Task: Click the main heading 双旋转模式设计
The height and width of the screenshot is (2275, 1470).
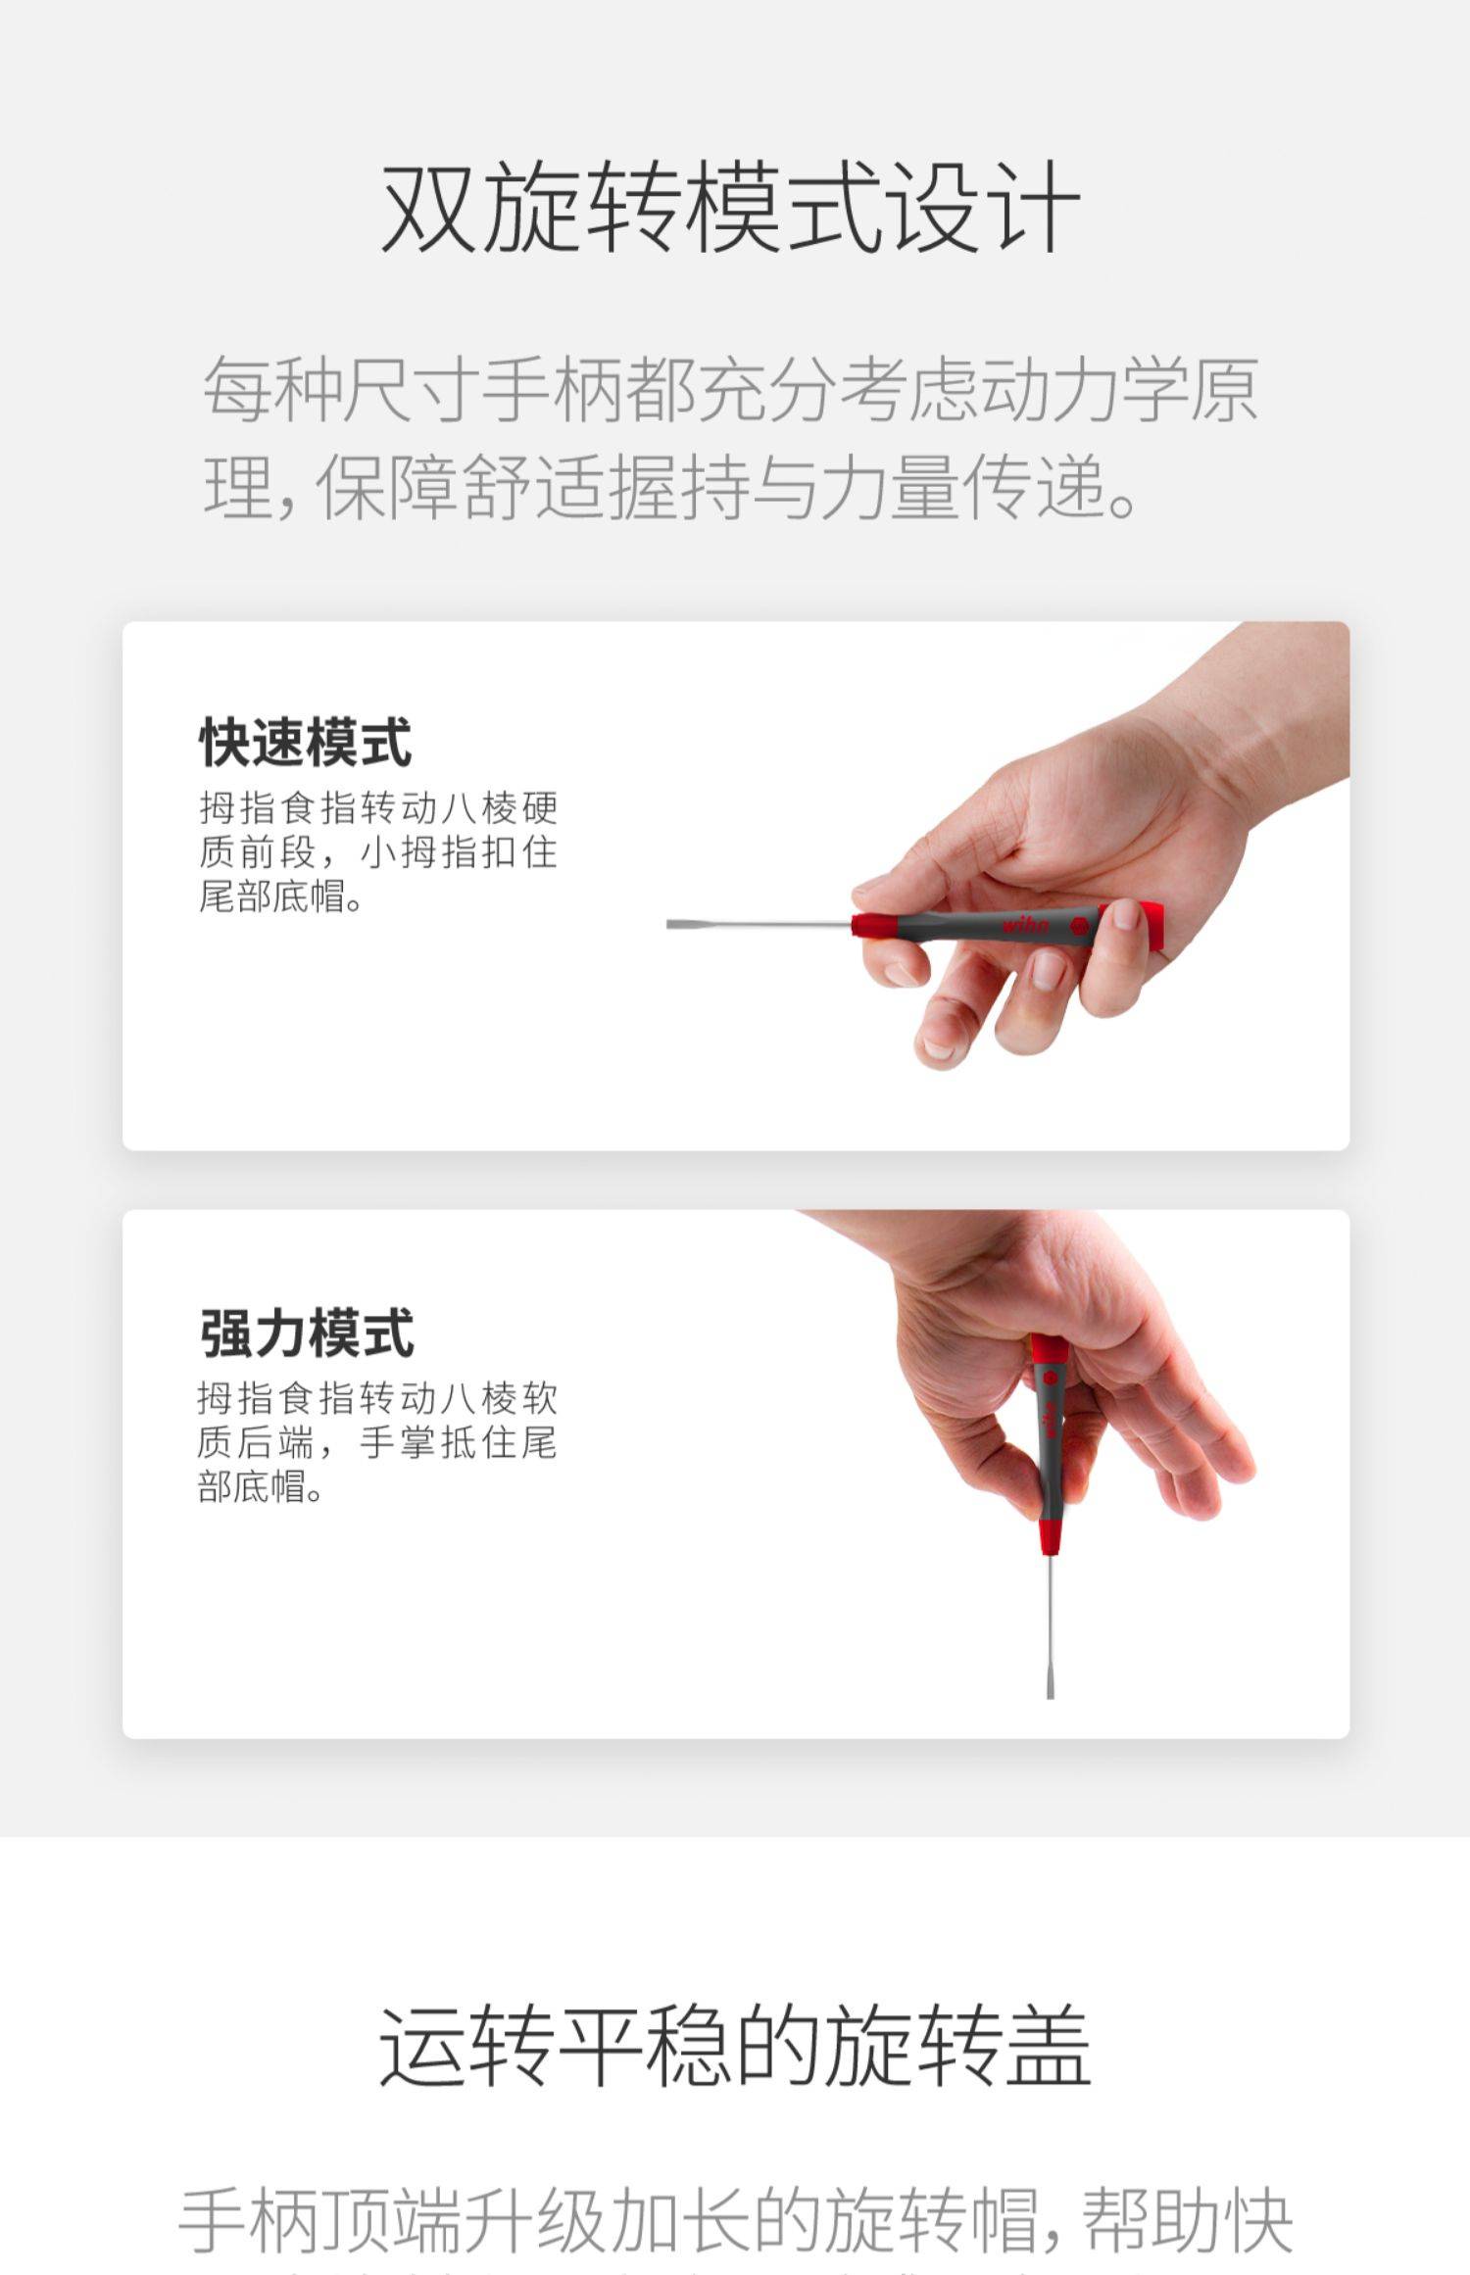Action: point(731,208)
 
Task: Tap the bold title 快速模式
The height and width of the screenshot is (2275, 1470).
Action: point(306,742)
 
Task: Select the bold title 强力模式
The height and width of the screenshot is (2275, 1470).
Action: point(307,1332)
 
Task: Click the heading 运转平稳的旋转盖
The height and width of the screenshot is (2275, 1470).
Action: point(735,2045)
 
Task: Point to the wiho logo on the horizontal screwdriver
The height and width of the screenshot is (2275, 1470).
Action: point(1025,925)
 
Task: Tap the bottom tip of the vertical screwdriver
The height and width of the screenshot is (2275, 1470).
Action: point(1051,1694)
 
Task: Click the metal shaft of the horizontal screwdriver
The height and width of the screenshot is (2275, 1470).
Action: point(759,924)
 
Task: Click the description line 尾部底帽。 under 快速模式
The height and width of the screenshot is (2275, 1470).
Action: point(281,895)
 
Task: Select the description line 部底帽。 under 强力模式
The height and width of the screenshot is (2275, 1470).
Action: point(261,1486)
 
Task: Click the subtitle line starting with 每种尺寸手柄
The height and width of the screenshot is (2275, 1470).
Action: point(730,389)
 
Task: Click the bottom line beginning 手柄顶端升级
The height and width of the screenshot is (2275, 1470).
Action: point(735,2219)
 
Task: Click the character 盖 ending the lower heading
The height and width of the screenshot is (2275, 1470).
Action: point(1048,2045)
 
